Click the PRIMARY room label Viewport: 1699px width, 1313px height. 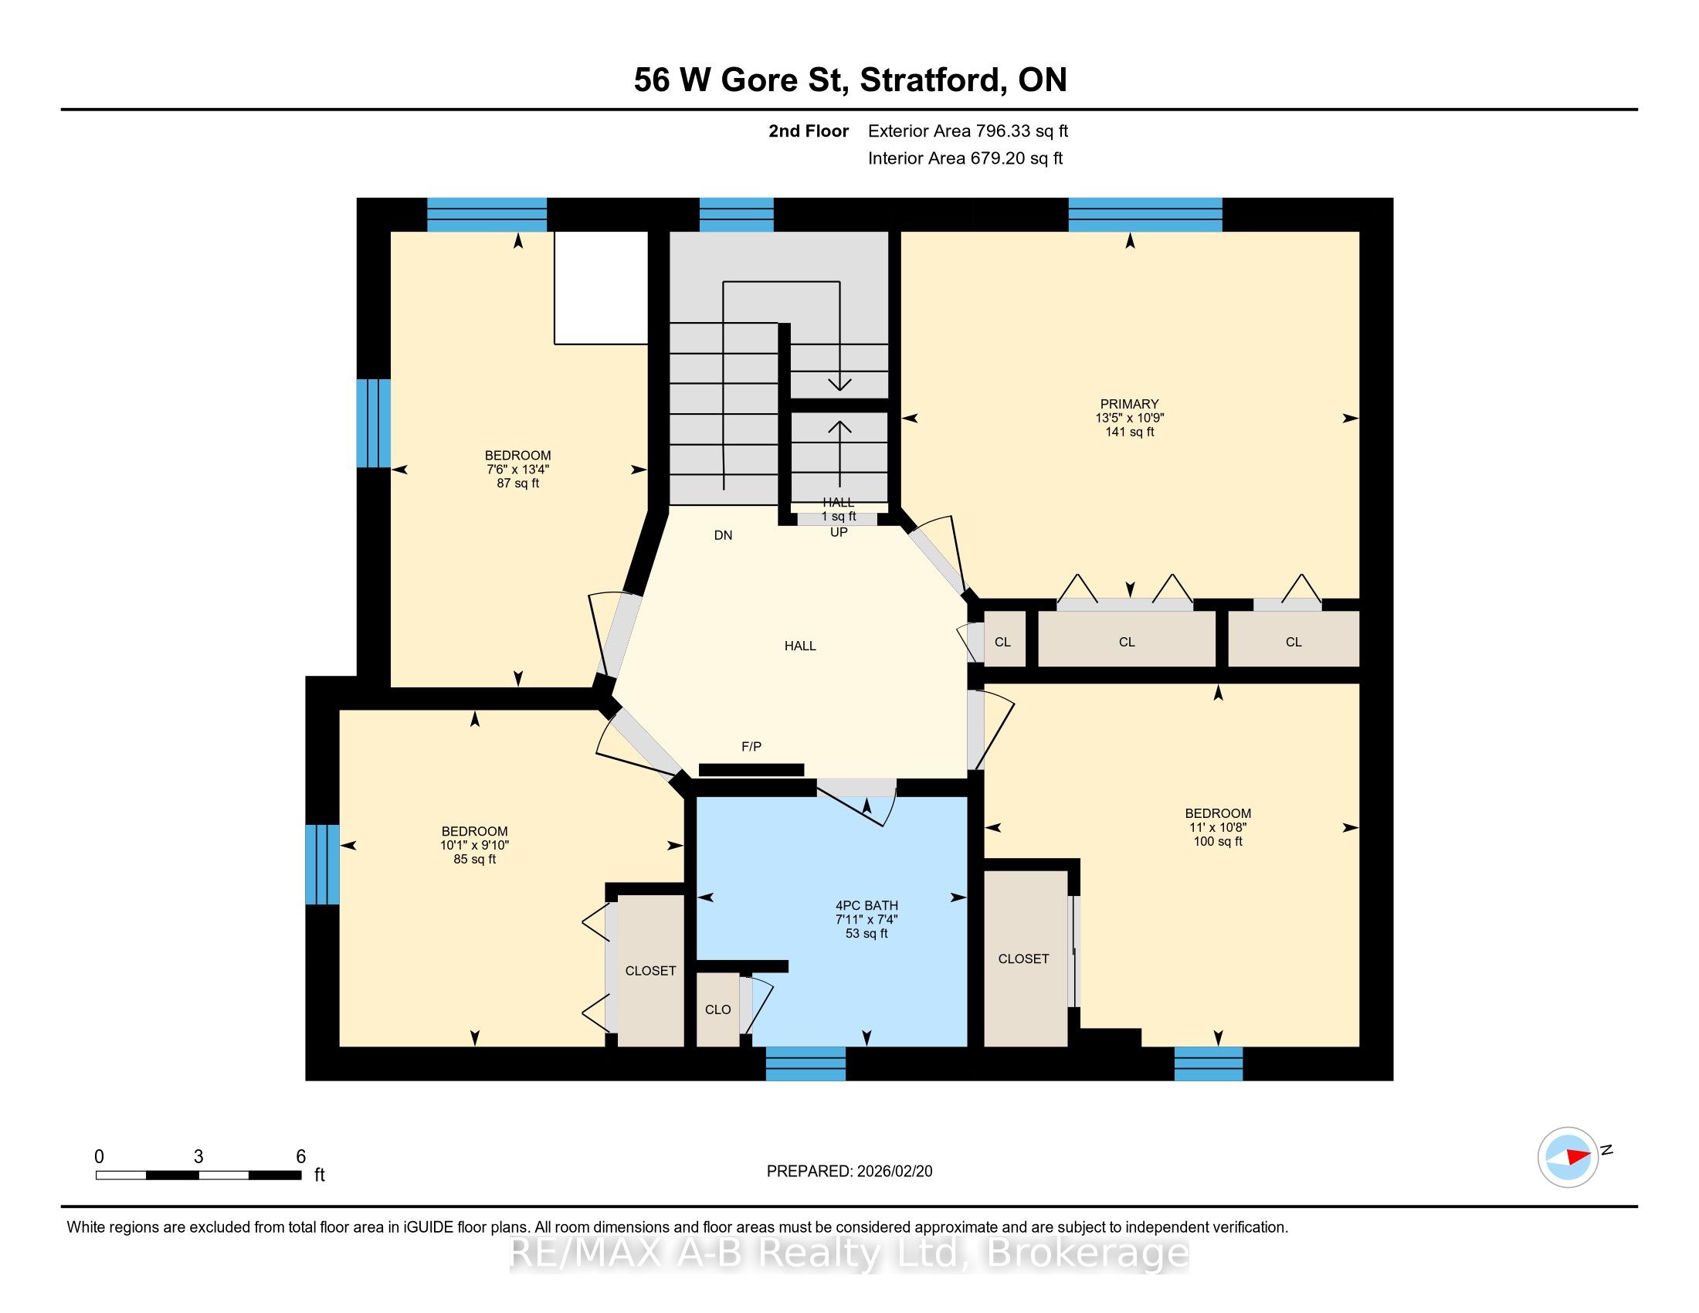tap(1129, 404)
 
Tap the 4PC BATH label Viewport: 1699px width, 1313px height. tap(866, 905)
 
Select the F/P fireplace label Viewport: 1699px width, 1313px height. tap(751, 747)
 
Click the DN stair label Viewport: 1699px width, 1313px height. tap(723, 535)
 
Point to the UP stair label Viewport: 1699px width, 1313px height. tap(839, 532)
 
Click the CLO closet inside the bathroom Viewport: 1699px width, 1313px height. tap(717, 1009)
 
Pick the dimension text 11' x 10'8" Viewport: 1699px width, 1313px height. tap(1217, 828)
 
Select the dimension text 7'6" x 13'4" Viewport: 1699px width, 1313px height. tap(518, 469)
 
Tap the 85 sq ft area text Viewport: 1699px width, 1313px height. tap(474, 860)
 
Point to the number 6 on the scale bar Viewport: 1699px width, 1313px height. tap(301, 1157)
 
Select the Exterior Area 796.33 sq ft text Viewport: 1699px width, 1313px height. tap(968, 131)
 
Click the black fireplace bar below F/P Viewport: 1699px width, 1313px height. tap(751, 770)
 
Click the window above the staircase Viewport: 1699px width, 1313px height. tap(736, 215)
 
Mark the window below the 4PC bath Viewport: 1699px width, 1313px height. tap(805, 1064)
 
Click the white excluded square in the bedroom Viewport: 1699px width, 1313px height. tap(601, 287)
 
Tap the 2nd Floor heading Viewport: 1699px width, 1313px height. tap(809, 131)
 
